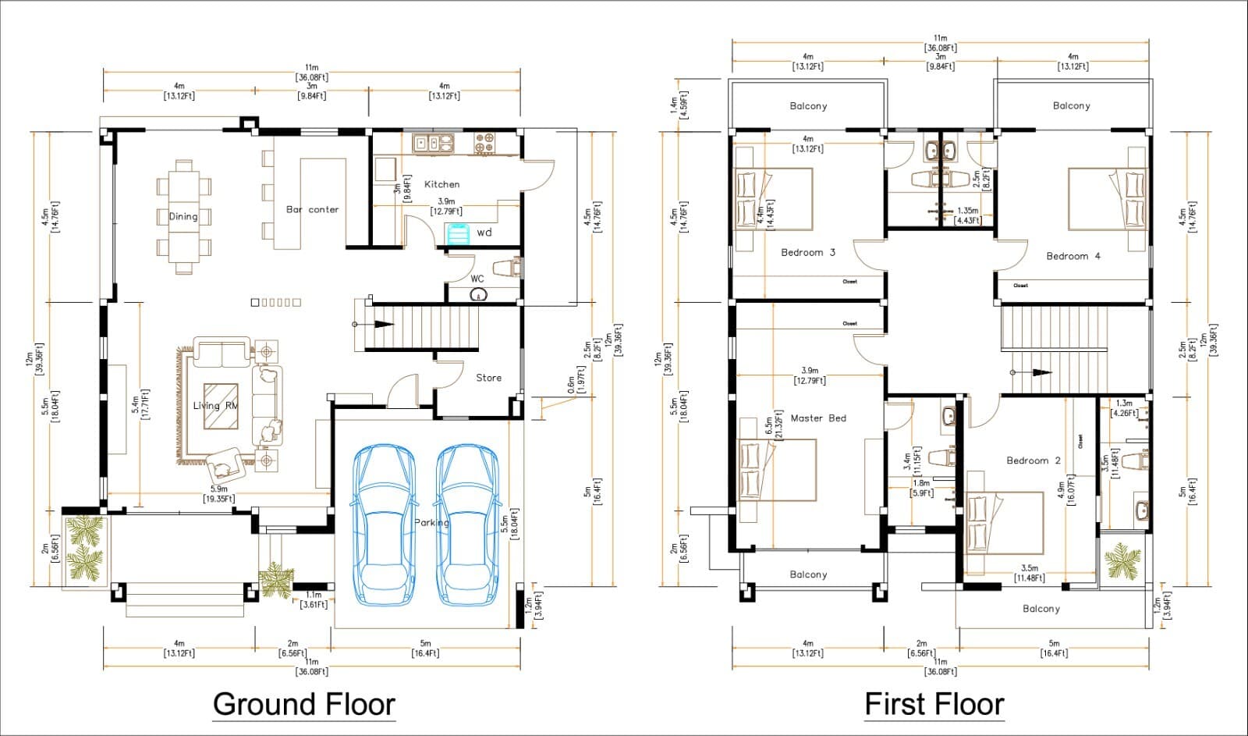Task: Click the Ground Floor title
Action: click(304, 704)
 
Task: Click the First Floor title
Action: click(934, 704)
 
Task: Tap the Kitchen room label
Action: click(441, 184)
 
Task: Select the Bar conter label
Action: click(312, 209)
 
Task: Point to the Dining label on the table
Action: click(183, 217)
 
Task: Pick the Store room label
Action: click(489, 378)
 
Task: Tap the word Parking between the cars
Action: click(431, 523)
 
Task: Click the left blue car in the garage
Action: click(384, 524)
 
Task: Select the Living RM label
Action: click(215, 406)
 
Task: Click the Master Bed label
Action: click(818, 418)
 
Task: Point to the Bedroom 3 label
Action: click(808, 253)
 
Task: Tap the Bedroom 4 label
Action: click(1073, 256)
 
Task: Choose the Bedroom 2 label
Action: click(1033, 460)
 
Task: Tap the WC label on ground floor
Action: click(477, 279)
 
